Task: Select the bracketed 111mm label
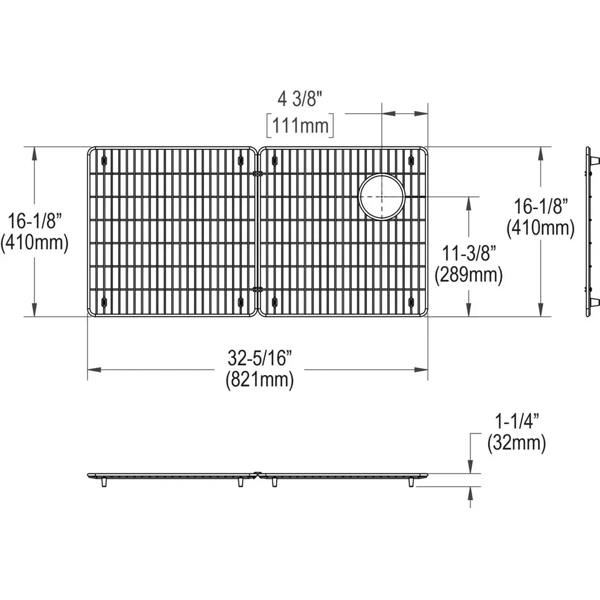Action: tap(301, 125)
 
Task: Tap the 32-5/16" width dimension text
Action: tap(260, 358)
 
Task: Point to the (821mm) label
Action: tap(260, 380)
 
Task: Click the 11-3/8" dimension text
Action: tap(469, 253)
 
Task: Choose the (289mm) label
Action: tap(468, 275)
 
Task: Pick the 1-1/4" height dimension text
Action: tap(517, 422)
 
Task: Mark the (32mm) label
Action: tap(517, 443)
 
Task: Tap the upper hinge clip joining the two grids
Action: tap(258, 173)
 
